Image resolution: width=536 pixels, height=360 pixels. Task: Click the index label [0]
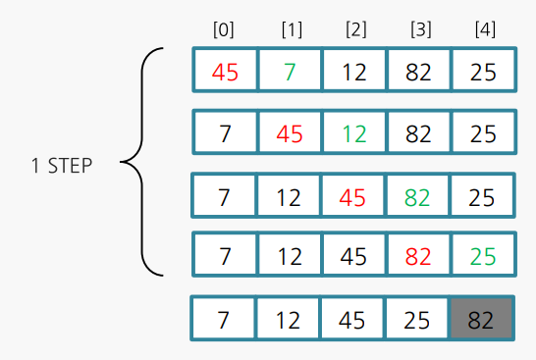pos(225,29)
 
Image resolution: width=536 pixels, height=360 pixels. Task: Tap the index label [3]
pos(419,29)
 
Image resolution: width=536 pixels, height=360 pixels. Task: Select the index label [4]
pos(484,29)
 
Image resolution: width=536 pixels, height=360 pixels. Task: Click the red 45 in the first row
pos(225,72)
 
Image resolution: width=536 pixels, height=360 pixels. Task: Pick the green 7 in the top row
pos(290,72)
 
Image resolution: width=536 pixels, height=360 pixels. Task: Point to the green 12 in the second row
pos(354,134)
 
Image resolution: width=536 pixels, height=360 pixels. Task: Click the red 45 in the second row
pos(290,134)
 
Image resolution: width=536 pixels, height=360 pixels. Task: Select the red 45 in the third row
pos(354,197)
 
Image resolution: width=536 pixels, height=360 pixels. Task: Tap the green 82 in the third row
pos(419,197)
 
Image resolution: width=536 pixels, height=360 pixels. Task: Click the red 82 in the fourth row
pos(419,256)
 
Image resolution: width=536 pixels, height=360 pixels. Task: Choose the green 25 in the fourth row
pos(483,256)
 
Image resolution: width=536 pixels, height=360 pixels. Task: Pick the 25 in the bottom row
pos(419,321)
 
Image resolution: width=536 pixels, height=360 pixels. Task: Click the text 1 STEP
pos(61,166)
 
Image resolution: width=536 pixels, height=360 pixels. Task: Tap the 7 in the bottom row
pos(225,321)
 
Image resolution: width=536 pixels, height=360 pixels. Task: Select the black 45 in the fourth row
pos(354,256)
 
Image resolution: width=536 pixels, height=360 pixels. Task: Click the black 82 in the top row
pos(419,72)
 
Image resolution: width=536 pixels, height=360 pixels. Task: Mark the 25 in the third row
pos(483,197)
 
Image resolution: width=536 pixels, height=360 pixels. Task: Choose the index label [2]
pos(354,29)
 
